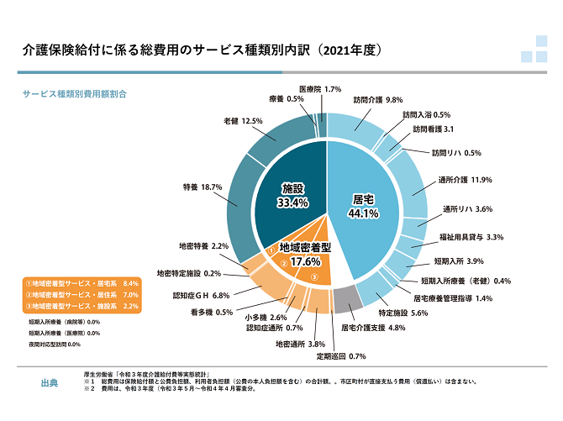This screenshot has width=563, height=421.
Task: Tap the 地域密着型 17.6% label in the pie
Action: pos(305,255)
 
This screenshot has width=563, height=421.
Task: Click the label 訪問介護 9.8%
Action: pos(378,100)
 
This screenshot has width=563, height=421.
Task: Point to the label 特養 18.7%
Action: pos(203,187)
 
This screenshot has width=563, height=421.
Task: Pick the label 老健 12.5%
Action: pos(243,121)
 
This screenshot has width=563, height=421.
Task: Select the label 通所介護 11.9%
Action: pos(465,180)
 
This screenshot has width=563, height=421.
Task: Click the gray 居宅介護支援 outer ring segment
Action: pos(347,300)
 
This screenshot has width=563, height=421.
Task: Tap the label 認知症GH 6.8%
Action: pos(201,296)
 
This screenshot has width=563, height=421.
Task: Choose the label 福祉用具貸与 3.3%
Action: pos(471,237)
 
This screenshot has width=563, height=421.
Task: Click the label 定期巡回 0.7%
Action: pos(341,356)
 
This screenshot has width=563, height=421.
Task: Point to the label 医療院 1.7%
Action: pos(320,89)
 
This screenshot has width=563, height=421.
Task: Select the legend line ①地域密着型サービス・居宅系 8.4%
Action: pos(82,283)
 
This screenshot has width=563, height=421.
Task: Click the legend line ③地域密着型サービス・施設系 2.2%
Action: pos(82,307)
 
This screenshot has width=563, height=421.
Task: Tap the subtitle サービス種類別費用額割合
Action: pos(75,94)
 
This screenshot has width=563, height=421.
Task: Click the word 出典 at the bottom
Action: pos(50,383)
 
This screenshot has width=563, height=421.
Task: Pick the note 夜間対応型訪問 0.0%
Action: pos(55,345)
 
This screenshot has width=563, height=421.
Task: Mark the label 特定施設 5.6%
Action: pos(403,313)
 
